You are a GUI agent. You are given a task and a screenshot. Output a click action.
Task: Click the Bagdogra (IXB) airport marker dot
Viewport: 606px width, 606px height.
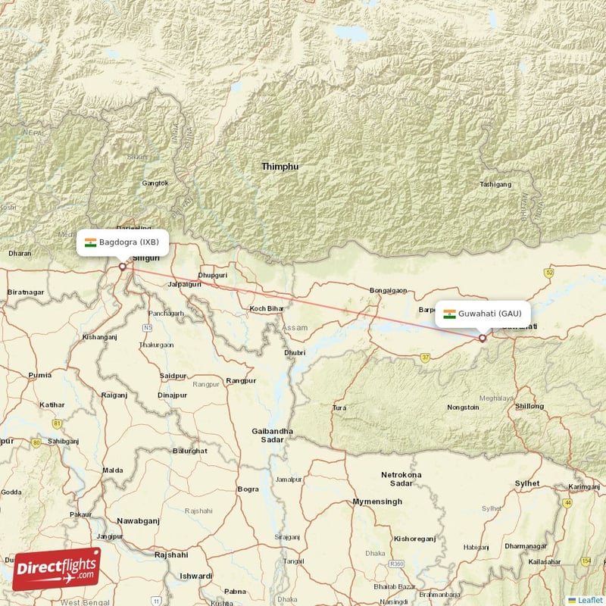pos(122,267)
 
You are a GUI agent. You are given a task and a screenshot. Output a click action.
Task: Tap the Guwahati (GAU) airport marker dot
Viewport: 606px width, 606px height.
pos(483,339)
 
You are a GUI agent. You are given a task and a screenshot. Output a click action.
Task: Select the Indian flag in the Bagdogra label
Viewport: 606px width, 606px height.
pos(91,242)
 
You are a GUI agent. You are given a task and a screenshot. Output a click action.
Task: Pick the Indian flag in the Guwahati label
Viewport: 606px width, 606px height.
pos(449,314)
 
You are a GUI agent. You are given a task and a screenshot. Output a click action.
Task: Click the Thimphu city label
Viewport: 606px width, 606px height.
pos(280,166)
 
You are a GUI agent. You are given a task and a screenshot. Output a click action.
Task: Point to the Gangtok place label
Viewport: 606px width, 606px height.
pos(155,183)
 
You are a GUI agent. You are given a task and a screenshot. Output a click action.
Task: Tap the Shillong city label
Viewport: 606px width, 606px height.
pos(529,406)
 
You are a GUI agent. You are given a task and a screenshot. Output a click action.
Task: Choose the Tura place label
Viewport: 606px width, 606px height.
pos(339,408)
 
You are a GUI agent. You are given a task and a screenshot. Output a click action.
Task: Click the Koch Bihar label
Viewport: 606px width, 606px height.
pos(266,309)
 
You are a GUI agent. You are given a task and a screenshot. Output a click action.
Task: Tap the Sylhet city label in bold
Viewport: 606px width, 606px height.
pos(527,483)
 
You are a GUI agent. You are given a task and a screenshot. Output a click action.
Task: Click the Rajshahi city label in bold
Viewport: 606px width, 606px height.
pos(170,554)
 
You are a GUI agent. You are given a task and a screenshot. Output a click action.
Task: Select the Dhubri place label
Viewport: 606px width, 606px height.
pos(294,352)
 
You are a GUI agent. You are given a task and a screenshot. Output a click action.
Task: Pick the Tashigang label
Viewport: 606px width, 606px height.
pos(495,184)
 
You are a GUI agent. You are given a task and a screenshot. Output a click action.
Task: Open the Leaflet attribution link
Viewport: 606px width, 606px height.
pos(589,600)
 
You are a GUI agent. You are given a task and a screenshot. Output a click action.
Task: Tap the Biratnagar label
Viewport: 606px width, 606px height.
pos(25,292)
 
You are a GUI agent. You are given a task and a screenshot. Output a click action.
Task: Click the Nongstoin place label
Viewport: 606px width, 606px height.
pos(463,407)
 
